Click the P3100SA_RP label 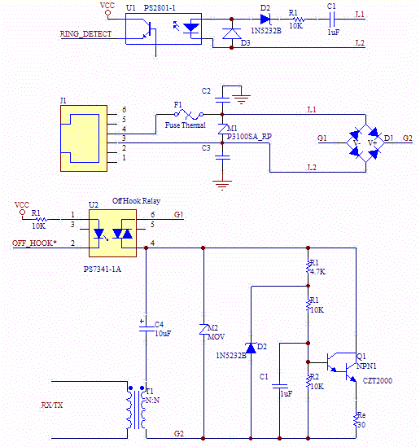coord(249,136)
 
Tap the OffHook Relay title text coord(136,199)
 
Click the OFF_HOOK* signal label coord(35,243)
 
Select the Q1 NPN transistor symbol coord(345,362)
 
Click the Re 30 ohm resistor coord(356,420)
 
